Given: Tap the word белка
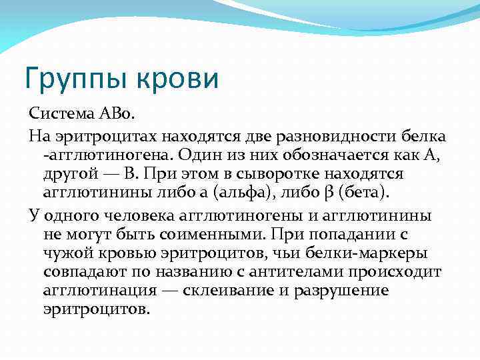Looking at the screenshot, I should (422, 137).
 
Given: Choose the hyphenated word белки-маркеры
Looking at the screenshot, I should (378, 253).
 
